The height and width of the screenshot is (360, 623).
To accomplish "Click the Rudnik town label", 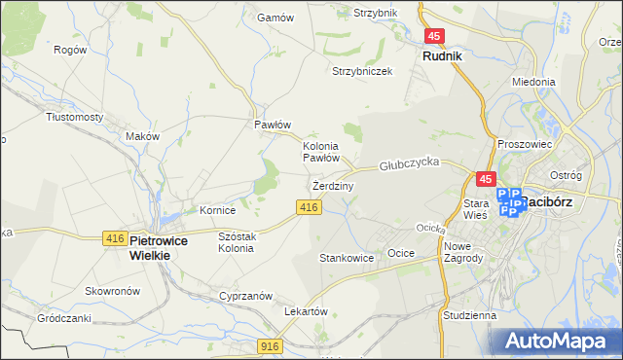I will (x=442, y=56).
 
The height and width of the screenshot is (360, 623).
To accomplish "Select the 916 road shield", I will (x=272, y=345).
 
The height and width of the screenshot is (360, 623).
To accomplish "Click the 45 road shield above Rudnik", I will (x=435, y=37).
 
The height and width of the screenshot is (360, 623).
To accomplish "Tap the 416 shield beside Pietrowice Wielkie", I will (x=113, y=238).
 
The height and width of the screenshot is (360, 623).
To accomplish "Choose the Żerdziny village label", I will (x=332, y=185).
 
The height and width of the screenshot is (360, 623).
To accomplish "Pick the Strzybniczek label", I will (x=361, y=71).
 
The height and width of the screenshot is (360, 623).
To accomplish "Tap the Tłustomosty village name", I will (x=75, y=117).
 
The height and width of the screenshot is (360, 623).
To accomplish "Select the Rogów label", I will (x=69, y=50).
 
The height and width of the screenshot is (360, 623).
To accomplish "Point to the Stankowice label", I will (x=347, y=258).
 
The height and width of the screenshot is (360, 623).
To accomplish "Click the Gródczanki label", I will (x=63, y=318).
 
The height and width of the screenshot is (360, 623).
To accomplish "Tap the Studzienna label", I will (x=469, y=316).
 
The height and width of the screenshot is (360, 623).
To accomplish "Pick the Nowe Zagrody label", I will (x=463, y=252).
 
